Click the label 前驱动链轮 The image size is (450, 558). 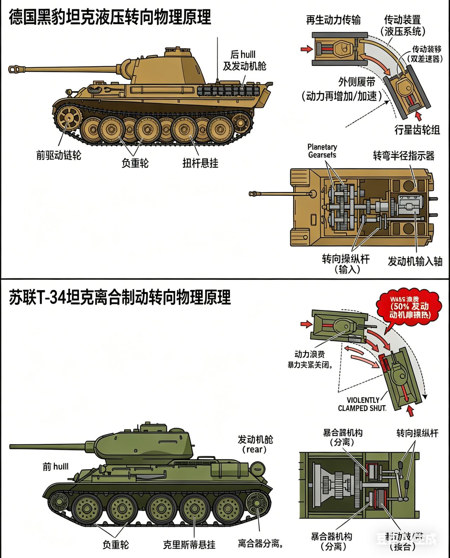58,155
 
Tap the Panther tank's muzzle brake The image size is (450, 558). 14,69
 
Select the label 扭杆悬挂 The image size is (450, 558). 200,163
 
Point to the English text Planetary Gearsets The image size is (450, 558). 322,151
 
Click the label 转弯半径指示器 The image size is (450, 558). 404,156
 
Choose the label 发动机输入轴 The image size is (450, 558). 415,261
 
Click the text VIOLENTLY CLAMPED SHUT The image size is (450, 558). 362,404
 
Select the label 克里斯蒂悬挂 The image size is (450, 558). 189,545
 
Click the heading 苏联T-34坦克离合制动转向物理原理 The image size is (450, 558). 120,297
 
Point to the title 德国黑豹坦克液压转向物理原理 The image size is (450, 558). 110,17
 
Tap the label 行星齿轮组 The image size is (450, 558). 417,130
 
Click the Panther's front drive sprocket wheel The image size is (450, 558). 69,118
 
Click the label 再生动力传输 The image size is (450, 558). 333,20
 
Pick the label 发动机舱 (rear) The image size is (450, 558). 255,444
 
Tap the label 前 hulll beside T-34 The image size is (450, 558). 56,467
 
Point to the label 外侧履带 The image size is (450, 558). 356,82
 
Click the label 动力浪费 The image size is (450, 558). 309,354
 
